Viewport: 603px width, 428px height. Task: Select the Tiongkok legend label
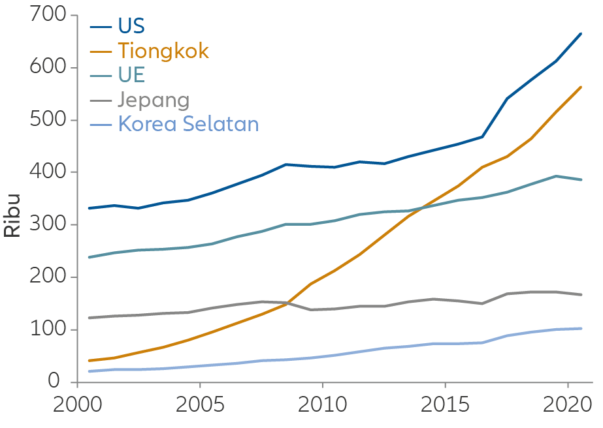[x=163, y=51]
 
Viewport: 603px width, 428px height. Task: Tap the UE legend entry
[x=131, y=75]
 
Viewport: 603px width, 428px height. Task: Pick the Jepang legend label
[x=154, y=100]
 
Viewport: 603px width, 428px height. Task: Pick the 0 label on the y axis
[x=60, y=382]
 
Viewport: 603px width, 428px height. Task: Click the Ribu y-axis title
[x=13, y=215]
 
